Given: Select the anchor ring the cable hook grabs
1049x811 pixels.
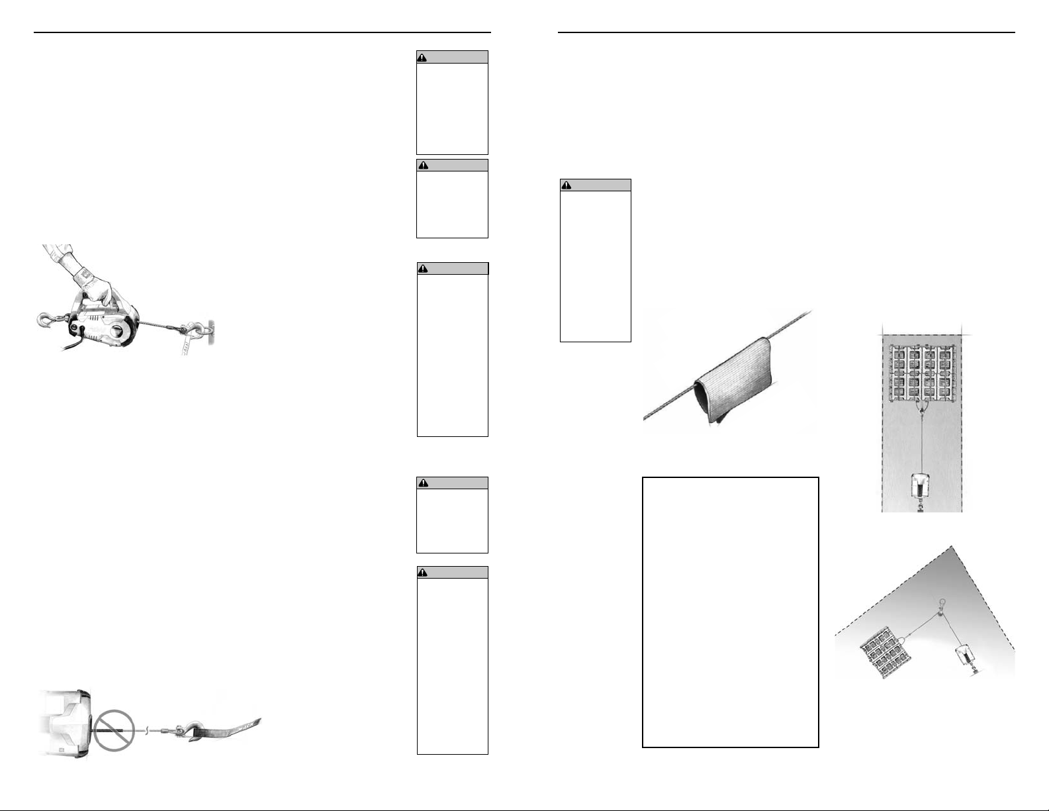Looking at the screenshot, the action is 207,327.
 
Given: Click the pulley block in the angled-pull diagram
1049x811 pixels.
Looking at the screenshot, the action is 939,616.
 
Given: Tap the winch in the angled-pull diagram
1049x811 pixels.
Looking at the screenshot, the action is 967,658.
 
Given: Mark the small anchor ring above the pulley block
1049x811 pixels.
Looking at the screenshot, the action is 942,602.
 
